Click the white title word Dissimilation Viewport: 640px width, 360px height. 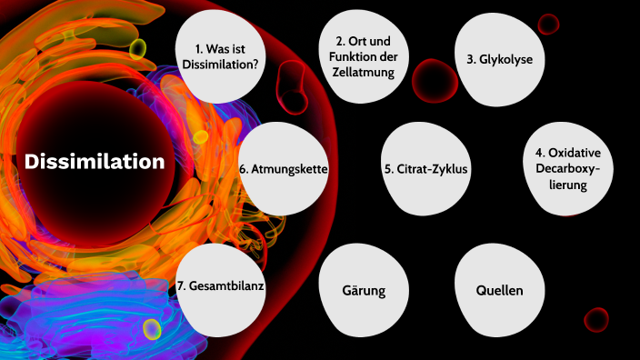[x=95, y=162]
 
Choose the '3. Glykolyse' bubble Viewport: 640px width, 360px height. [x=499, y=60]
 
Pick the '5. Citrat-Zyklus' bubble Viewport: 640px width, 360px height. [x=425, y=168]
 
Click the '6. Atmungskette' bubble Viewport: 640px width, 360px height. [x=283, y=169]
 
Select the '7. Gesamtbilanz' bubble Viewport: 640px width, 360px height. [x=221, y=285]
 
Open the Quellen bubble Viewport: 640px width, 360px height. [x=499, y=291]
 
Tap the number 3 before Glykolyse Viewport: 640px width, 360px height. [x=470, y=60]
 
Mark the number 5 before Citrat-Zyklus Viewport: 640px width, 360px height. [x=388, y=168]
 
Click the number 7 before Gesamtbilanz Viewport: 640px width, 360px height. [x=181, y=285]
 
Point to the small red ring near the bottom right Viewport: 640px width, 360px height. [x=596, y=319]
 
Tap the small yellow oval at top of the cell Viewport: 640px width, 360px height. [x=137, y=48]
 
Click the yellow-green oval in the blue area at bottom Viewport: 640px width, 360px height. [x=152, y=328]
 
